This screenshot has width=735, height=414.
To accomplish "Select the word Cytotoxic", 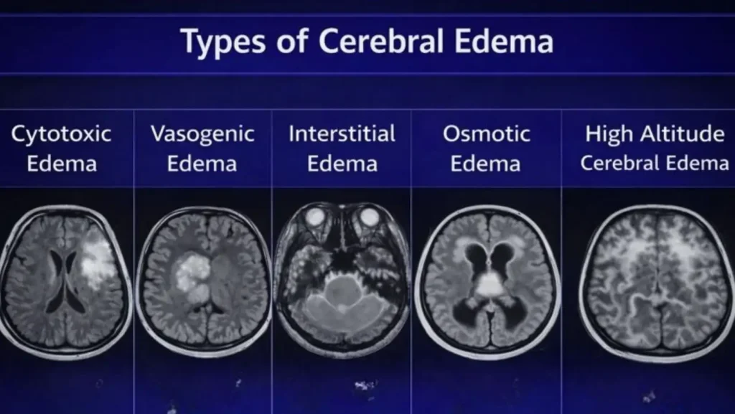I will pos(61,134).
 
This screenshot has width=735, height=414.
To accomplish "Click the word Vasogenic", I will pos(202,134).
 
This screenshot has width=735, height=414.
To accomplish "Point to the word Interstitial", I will pos(342,134).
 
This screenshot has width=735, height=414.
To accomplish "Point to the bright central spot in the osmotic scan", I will pos(490,283).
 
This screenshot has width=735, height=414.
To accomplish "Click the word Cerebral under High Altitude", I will pos(617,163).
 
